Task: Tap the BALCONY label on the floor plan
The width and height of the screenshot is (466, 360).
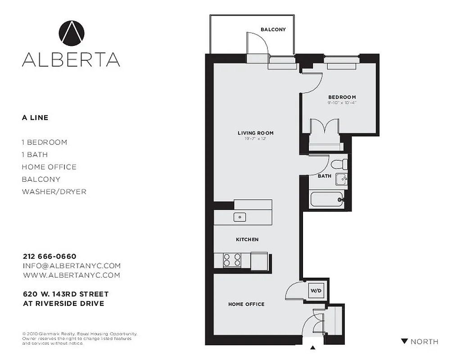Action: [273, 30]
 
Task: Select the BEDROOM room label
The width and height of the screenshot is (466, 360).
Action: [342, 97]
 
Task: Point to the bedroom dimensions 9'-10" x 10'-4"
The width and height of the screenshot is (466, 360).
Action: [342, 103]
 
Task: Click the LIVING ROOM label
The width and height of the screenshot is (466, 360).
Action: [255, 133]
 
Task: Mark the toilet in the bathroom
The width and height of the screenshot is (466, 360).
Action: [339, 163]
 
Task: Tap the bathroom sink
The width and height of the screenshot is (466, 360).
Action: [343, 179]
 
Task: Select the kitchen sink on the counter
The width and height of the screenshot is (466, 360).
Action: [240, 217]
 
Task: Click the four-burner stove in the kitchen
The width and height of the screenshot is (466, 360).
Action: [232, 261]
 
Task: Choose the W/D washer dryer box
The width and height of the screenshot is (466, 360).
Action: [316, 291]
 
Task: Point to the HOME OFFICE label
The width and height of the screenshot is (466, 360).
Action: [246, 305]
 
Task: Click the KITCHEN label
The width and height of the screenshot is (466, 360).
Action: [247, 240]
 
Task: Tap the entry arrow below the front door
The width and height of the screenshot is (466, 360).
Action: [313, 347]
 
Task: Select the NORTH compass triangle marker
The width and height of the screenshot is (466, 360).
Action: [404, 342]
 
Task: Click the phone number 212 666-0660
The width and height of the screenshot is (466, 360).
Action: [50, 256]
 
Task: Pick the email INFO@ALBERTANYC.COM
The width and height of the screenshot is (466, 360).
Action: [71, 266]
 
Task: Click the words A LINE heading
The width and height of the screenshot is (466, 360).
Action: [35, 118]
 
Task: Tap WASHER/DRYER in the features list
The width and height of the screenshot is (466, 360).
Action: [54, 192]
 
